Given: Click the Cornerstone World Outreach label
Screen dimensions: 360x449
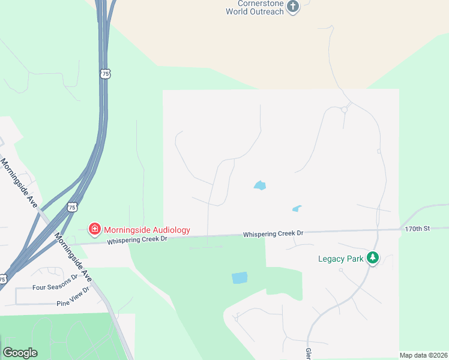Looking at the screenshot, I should point(255,7).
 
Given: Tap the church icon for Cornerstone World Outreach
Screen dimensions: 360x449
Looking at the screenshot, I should point(293,7).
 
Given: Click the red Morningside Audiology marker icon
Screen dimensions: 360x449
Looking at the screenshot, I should point(94,229).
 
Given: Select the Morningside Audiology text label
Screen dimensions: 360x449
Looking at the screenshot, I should point(146,230).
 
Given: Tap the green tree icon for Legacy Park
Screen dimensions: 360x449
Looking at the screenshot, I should point(373,258).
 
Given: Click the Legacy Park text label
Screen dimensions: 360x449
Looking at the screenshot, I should point(341,259).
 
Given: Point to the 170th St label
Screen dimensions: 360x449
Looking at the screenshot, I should point(417,229).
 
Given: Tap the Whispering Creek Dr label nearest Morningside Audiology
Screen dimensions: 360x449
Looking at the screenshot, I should point(137,240).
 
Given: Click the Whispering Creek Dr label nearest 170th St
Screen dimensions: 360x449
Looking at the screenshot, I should point(274,233).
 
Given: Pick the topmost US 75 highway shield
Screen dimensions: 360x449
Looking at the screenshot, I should point(105,73).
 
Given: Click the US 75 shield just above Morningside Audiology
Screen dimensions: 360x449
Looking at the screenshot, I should point(72,207).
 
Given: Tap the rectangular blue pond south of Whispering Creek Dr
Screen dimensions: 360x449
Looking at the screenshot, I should point(239,278).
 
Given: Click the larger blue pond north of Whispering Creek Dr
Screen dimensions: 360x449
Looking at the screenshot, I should point(260,185).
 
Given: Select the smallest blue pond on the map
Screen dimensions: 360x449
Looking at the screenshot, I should point(297,209).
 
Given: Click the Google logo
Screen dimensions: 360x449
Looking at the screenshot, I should point(20,353).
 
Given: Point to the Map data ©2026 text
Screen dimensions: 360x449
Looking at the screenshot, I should point(423,355).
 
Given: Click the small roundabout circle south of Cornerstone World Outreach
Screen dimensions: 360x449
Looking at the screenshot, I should point(345,110).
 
